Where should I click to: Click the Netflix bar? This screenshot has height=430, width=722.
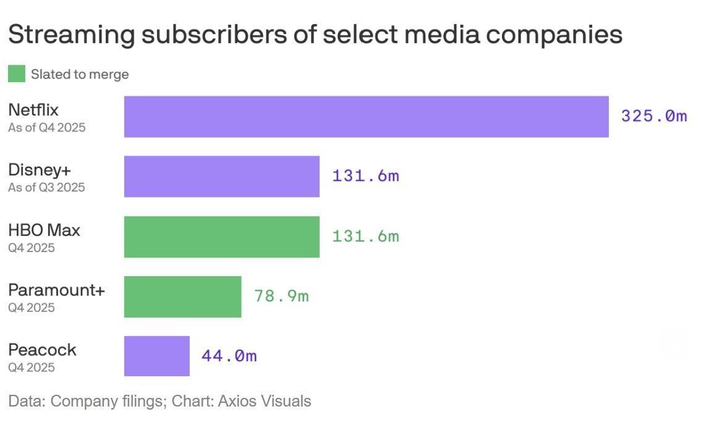[x=366, y=116]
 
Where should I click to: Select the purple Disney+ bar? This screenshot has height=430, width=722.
[x=221, y=176]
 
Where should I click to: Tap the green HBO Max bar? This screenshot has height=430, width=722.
[x=221, y=236]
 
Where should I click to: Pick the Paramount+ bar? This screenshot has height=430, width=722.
[x=182, y=297]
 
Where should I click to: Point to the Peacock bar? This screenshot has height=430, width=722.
[x=156, y=356]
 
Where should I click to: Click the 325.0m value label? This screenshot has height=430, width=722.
[x=654, y=116]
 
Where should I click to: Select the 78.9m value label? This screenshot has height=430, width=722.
[x=281, y=296]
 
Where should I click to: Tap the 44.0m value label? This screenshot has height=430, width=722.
[x=229, y=356]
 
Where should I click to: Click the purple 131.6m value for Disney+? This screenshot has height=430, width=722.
[x=365, y=176]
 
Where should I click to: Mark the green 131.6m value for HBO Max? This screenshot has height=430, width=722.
[x=365, y=236]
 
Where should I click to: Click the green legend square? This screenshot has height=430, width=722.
[x=17, y=74]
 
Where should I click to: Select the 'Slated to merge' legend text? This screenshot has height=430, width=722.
[x=80, y=75]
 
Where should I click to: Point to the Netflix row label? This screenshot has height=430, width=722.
[x=33, y=110]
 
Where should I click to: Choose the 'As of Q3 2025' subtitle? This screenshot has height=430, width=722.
[x=46, y=187]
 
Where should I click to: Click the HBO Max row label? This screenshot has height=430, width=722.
[x=44, y=230]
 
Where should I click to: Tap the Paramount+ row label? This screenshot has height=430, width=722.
[x=56, y=290]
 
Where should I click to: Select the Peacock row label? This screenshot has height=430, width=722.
[x=42, y=350]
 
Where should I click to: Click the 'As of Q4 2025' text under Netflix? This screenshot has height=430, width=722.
[x=46, y=128]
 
